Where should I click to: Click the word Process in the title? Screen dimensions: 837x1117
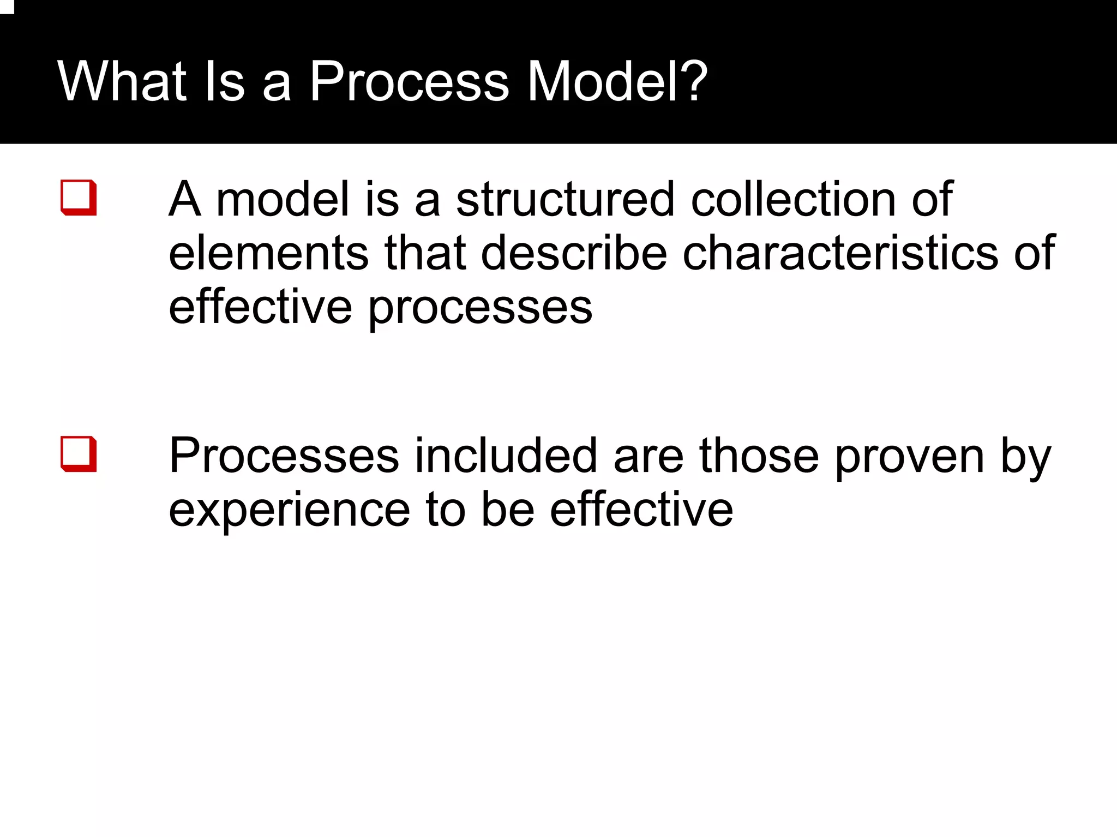tap(409, 81)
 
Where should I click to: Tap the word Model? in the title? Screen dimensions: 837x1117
tap(617, 81)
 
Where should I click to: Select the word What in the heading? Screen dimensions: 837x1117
tap(122, 81)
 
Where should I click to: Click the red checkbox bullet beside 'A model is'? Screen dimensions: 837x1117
tap(79, 197)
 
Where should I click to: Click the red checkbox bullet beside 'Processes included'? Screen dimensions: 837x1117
tap(79, 453)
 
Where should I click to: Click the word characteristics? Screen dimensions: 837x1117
tap(840, 253)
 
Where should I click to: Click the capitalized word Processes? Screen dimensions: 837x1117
tap(284, 456)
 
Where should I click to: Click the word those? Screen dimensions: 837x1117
tap(759, 456)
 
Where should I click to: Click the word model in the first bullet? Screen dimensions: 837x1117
tap(283, 199)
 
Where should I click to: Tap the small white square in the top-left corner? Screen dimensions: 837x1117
tap(6, 6)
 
